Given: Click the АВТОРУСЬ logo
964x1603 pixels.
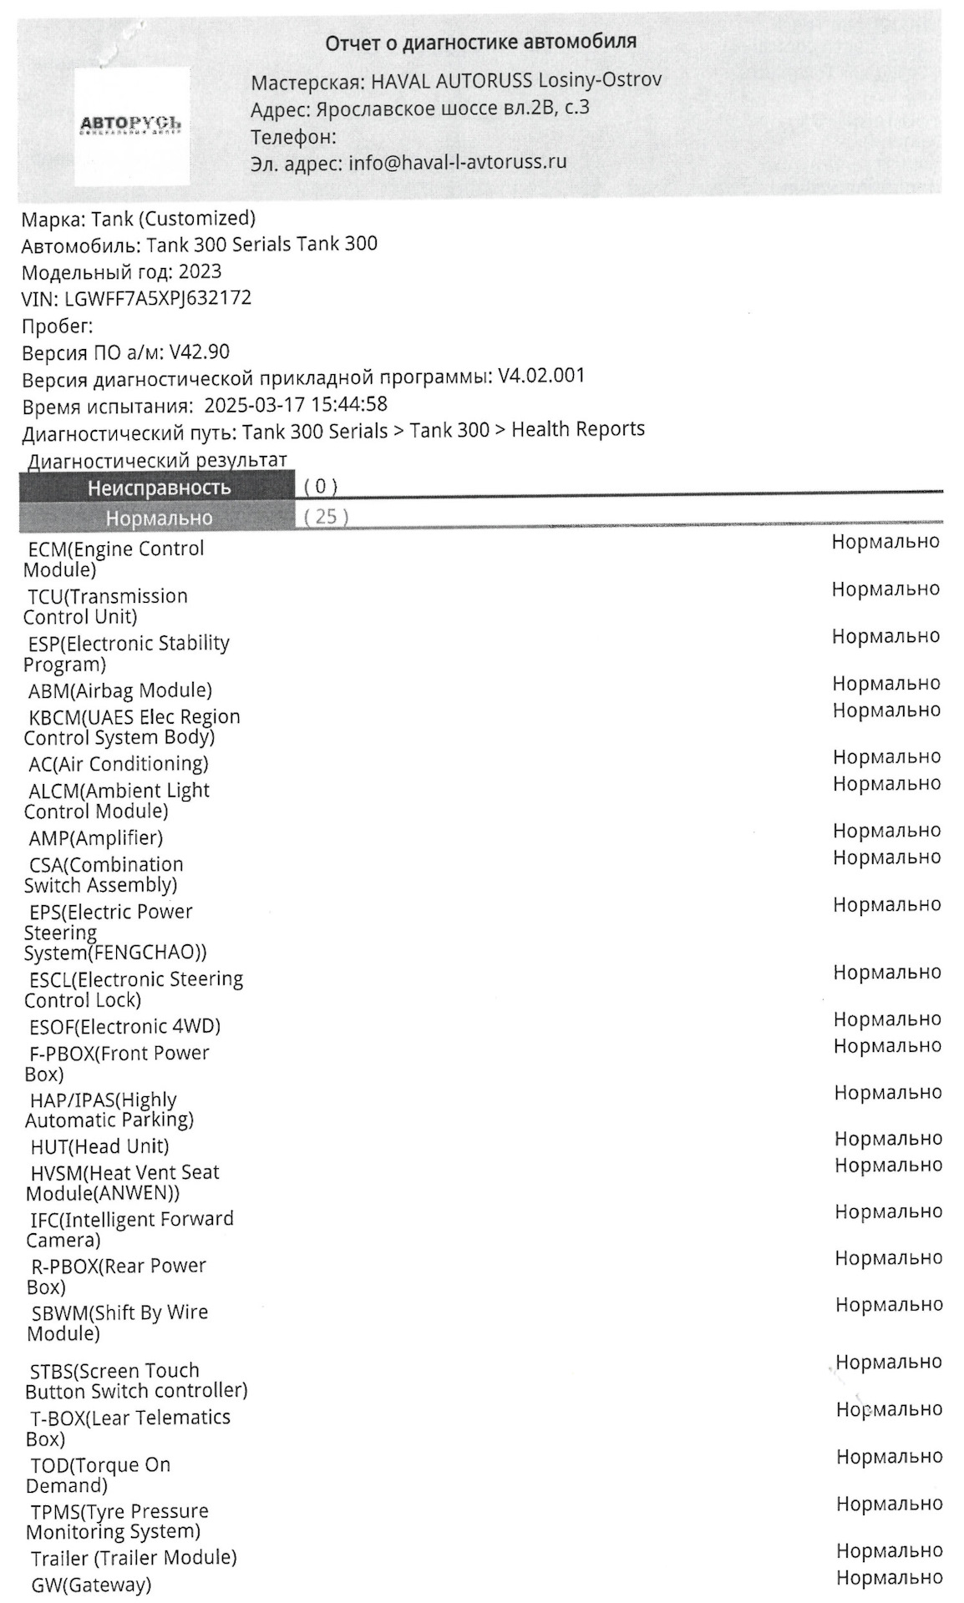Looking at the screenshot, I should coord(131,125).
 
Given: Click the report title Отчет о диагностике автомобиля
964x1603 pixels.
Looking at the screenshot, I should coord(480,42).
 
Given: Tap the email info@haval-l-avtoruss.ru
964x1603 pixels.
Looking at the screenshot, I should coord(457,161).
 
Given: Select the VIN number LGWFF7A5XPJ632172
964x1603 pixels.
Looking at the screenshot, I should coord(158,298).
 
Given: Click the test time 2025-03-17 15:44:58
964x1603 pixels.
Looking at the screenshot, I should coord(296,405).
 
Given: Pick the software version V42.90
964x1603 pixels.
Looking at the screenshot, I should coord(199,352).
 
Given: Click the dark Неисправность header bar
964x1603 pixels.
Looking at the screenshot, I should coord(158,487).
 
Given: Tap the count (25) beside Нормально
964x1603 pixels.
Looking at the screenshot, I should coord(326,517).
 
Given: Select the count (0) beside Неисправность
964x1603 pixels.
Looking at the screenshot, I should coord(320,486).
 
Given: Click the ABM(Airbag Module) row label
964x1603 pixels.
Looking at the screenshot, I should coord(120,690).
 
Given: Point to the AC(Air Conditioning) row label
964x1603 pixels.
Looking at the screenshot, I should coord(119,764).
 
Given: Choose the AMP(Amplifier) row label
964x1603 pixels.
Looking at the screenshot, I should coord(96,837).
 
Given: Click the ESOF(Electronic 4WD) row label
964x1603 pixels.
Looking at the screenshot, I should coord(124,1026).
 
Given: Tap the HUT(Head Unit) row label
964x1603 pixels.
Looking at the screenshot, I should coord(99,1146).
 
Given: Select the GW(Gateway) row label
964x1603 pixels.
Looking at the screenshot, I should coord(91,1584).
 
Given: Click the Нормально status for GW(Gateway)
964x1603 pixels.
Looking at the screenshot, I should coord(889,1577).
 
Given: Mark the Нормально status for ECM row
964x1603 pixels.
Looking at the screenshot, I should coord(885,542).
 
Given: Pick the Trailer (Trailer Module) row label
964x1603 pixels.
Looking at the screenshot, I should coord(134,1558).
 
